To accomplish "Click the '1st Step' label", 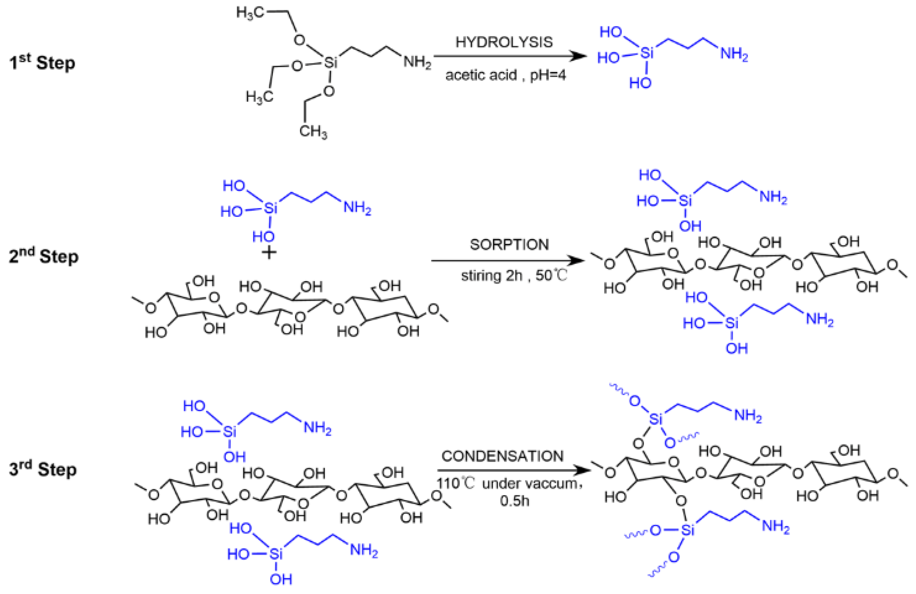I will pyautogui.click(x=42, y=63).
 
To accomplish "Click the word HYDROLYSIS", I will pyautogui.click(x=504, y=42).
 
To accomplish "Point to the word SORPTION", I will pyautogui.click(x=509, y=245).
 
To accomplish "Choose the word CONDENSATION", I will pyautogui.click(x=502, y=456).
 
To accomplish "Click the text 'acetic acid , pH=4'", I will pyautogui.click(x=506, y=75).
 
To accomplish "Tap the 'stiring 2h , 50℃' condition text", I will pyautogui.click(x=514, y=276).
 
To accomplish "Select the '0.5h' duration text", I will pyautogui.click(x=514, y=501).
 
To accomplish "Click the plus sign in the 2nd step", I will pyautogui.click(x=269, y=253).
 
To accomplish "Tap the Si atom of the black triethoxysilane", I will pyautogui.click(x=330, y=62).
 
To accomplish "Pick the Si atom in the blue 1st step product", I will pyautogui.click(x=647, y=53).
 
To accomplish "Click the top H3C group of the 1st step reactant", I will pyautogui.click(x=250, y=13).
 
